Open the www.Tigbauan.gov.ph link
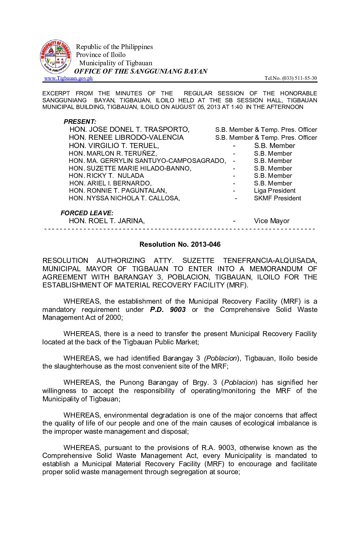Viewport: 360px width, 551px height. (x=68, y=78)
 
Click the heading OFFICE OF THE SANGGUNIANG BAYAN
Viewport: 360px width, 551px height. (x=141, y=71)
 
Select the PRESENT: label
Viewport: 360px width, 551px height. (x=80, y=122)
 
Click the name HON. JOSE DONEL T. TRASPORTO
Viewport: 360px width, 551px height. (x=129, y=129)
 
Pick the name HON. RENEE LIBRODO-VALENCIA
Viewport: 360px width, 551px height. (x=126, y=137)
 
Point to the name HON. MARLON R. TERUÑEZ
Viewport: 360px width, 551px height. (x=113, y=153)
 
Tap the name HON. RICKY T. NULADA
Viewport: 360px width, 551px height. (x=106, y=176)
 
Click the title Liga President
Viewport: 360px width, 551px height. (x=275, y=191)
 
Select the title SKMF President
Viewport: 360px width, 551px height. (x=277, y=198)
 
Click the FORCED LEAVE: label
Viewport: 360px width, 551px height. (x=87, y=213)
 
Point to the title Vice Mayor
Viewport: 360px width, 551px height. (x=272, y=221)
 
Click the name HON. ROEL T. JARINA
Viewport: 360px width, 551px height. (x=107, y=221)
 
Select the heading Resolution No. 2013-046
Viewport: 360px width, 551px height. (x=180, y=244)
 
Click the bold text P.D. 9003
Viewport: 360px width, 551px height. (x=168, y=310)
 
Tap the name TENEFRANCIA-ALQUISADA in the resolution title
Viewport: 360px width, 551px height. (x=270, y=261)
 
